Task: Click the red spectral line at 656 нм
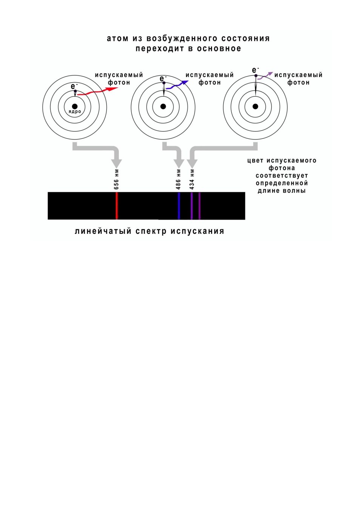tap(117, 205)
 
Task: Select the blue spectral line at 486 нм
tap(179, 205)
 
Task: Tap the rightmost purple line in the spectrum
tap(200, 205)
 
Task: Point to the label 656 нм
tap(116, 179)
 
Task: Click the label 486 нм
tap(178, 179)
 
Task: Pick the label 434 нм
tap(192, 179)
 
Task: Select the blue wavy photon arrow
tap(177, 85)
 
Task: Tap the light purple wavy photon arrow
tap(265, 76)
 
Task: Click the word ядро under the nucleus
tap(75, 112)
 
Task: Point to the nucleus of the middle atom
tap(163, 106)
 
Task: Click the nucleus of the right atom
tap(255, 106)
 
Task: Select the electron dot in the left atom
tap(75, 91)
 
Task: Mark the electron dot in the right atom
tap(255, 75)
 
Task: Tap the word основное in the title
tap(219, 49)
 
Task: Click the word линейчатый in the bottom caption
tap(103, 232)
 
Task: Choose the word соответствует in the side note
tap(282, 176)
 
